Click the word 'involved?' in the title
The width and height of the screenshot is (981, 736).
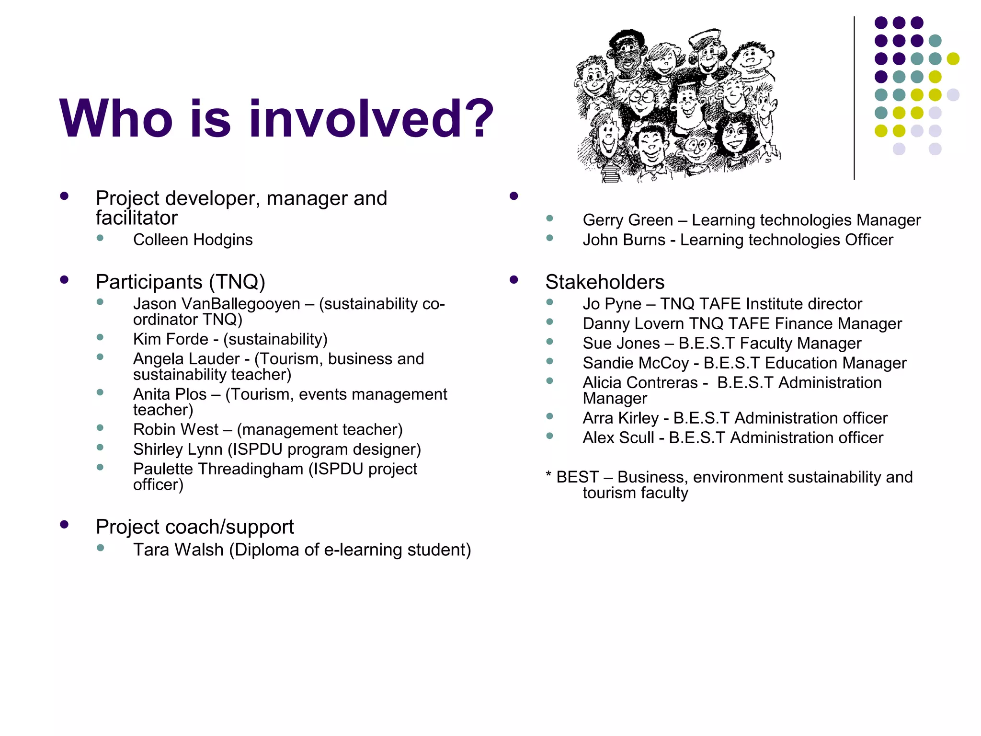tap(371, 118)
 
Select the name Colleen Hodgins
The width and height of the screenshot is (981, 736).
tap(193, 240)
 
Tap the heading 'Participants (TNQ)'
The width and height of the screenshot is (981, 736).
tap(180, 282)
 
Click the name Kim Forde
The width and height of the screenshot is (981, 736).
tap(171, 339)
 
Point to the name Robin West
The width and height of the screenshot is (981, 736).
tap(175, 429)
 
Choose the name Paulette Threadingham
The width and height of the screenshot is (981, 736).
tap(218, 469)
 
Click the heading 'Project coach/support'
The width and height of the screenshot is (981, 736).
tap(194, 527)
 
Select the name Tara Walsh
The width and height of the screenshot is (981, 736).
tap(178, 550)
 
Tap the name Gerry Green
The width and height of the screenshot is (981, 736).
tap(627, 220)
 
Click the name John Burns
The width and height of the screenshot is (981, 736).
tap(624, 240)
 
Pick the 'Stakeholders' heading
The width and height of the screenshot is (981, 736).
tap(605, 282)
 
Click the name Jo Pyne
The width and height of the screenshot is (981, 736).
tap(612, 304)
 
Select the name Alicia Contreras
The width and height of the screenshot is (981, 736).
tap(640, 382)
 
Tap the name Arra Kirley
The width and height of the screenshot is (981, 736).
tap(620, 418)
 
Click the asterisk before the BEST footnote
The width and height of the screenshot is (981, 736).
tap(548, 476)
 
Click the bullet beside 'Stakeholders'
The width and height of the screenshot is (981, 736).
tap(514, 280)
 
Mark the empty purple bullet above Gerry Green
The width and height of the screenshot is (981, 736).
tap(514, 196)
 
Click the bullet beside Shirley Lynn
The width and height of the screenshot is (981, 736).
tap(100, 448)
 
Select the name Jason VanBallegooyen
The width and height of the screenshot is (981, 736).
tap(217, 304)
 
